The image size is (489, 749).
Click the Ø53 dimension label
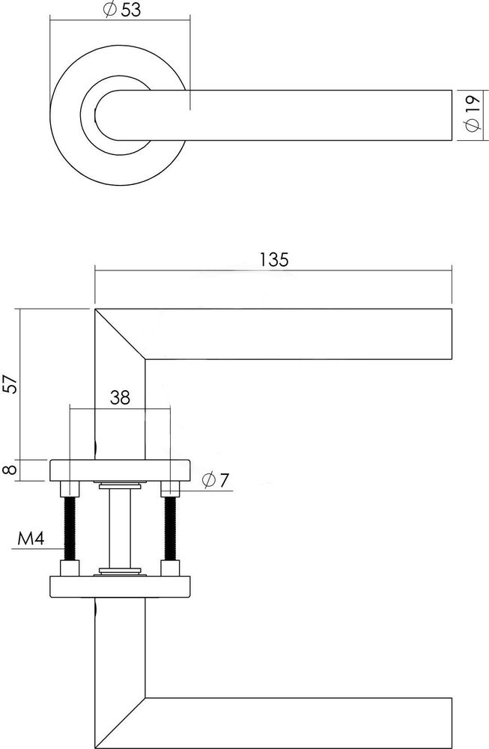click(122, 9)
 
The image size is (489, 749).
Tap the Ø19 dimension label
click(471, 113)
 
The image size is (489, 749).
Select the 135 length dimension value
click(274, 259)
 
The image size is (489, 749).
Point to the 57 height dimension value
click(11, 383)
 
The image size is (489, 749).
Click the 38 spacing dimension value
click(120, 397)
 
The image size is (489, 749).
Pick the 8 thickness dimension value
click(11, 470)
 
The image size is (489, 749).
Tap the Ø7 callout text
click(216, 479)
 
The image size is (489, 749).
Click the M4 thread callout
click(31, 539)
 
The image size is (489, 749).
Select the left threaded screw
click(70, 528)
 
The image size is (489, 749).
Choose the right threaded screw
click(171, 528)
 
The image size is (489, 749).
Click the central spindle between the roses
click(120, 528)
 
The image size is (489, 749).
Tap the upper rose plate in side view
click(121, 470)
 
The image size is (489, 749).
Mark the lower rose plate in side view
click(121, 586)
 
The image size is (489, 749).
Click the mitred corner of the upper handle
click(120, 334)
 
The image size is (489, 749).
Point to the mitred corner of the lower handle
click(120, 724)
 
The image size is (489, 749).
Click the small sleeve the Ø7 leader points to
click(171, 488)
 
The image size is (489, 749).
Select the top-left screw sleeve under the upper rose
click(70, 488)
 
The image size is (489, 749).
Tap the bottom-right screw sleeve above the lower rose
click(171, 568)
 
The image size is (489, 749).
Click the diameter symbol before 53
click(109, 10)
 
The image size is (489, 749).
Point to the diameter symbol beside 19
click(471, 124)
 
